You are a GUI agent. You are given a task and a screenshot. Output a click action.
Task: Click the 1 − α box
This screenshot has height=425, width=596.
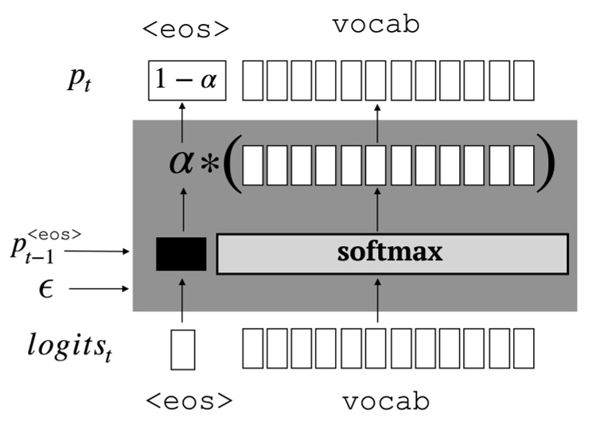point(188,80)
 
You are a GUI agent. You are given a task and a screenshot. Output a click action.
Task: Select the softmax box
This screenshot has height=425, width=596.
point(392,253)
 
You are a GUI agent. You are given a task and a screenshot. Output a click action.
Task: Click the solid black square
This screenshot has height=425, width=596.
point(181,254)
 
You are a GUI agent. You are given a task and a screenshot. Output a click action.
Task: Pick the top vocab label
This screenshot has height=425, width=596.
point(376,26)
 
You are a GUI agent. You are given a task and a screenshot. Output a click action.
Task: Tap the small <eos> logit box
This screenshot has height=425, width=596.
point(182,349)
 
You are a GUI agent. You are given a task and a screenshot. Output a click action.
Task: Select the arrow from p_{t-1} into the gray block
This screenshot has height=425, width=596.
point(96,251)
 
